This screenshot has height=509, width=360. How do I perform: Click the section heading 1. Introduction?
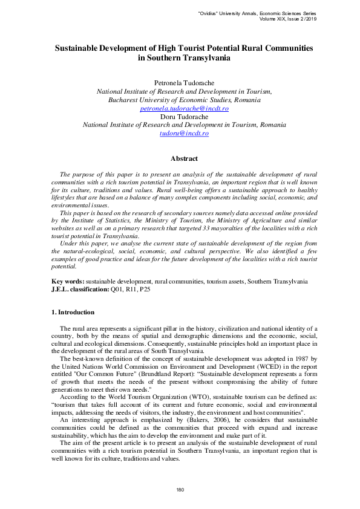click(x=72, y=312)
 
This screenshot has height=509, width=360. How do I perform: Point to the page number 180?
click(x=180, y=489)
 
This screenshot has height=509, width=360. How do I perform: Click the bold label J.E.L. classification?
click(x=80, y=289)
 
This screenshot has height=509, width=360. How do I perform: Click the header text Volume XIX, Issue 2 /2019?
click(x=283, y=18)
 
